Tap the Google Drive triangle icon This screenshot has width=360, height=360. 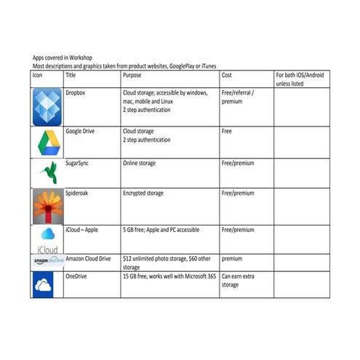[x=47, y=142]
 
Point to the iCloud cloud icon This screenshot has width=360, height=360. [x=47, y=237]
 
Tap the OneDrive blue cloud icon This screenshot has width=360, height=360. [x=47, y=284]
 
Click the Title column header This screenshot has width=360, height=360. [x=71, y=76]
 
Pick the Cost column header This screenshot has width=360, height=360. [x=228, y=76]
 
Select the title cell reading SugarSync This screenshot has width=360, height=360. [x=79, y=164]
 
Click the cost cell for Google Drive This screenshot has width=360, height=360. [x=227, y=132]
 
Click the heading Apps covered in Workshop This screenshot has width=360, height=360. [x=65, y=57]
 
